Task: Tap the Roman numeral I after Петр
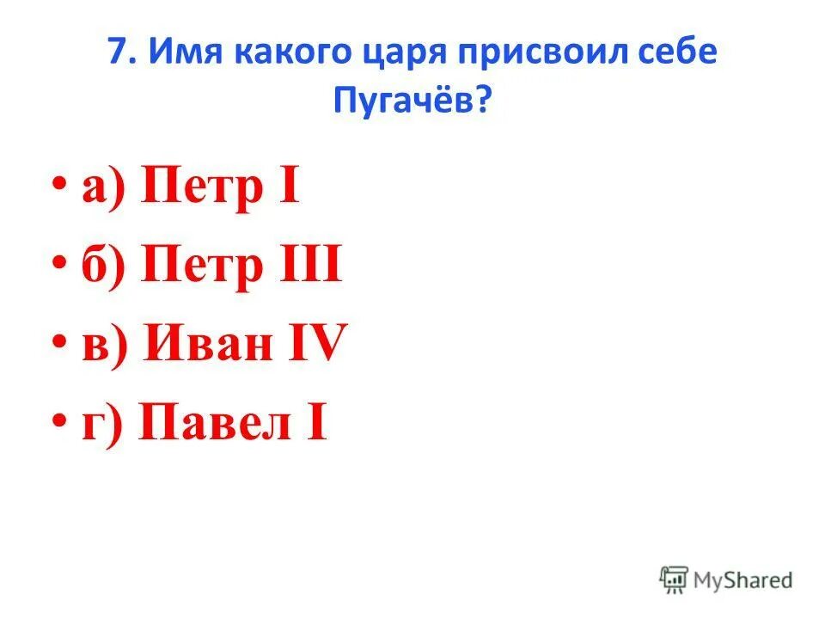tap(288, 188)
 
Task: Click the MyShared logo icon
tap(673, 580)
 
